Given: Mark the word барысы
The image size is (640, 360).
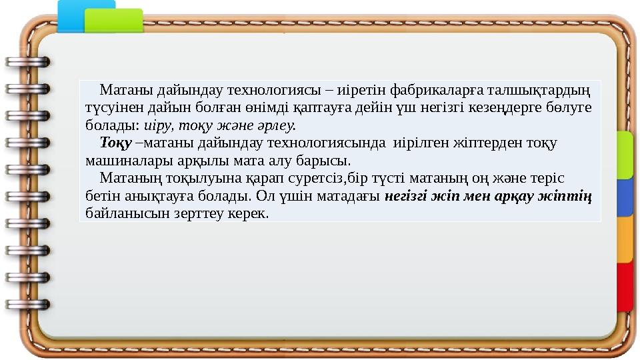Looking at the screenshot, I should (x=329, y=161).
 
